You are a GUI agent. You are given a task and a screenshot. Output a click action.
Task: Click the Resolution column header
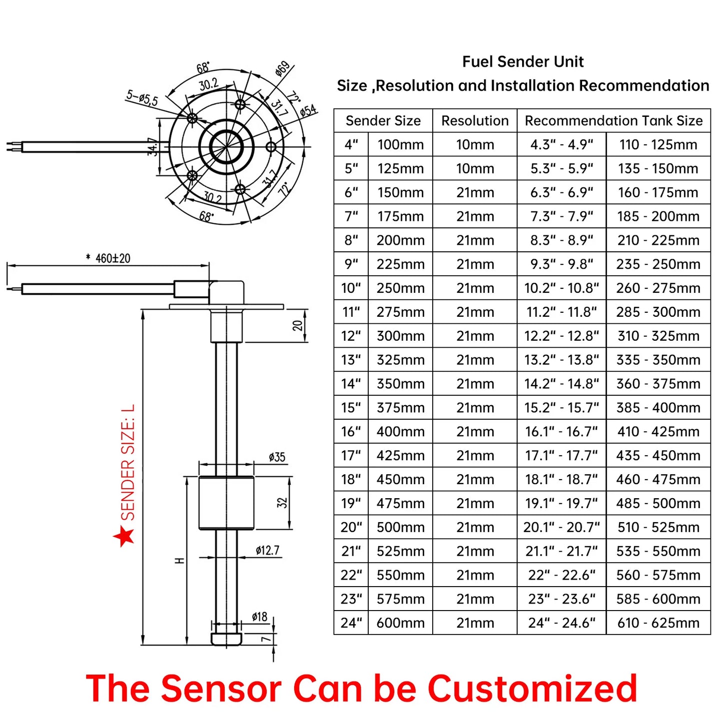(475, 121)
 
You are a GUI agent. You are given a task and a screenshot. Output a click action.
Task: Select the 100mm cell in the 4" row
(400, 145)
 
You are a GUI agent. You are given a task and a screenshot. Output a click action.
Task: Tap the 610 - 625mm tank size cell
(658, 623)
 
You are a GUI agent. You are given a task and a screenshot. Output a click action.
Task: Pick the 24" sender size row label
(351, 623)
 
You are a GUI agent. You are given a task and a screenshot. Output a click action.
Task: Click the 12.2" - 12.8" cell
(562, 336)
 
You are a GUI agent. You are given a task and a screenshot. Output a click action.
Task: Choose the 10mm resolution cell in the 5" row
(475, 169)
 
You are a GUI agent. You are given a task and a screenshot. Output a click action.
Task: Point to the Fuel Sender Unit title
(523, 62)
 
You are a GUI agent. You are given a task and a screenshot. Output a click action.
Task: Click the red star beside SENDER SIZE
(124, 536)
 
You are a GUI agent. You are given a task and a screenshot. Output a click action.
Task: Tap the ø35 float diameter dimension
(277, 457)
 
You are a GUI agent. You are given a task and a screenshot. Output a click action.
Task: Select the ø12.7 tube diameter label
(267, 551)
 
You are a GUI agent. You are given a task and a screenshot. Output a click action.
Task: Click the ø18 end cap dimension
(260, 617)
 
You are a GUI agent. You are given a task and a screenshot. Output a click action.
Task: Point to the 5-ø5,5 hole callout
(142, 98)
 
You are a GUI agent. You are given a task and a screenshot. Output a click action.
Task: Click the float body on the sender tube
(226, 503)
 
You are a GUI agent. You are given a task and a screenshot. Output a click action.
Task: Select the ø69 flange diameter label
(282, 69)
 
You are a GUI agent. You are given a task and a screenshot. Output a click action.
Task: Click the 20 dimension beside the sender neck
(298, 326)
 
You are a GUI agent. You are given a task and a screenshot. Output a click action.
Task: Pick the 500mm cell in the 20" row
(400, 528)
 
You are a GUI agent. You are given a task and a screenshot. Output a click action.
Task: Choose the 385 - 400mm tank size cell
(658, 408)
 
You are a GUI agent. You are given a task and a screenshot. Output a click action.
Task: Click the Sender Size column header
(383, 121)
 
